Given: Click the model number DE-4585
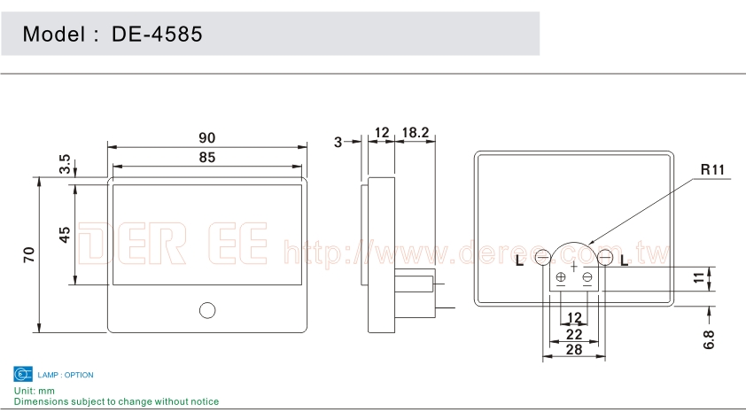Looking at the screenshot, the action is point(157,35).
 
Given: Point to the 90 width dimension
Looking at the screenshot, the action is point(207,138).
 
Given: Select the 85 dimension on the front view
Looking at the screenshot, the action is point(207,158).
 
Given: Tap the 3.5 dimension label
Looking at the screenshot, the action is point(65,164).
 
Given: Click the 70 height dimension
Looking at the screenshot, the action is point(29,254).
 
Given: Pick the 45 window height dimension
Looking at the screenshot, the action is point(65,235).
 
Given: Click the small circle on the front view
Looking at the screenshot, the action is point(207,310).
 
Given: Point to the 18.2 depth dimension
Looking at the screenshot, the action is point(416,132).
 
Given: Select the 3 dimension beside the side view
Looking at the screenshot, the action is point(338,143).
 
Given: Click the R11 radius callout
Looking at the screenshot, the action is point(712,169).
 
